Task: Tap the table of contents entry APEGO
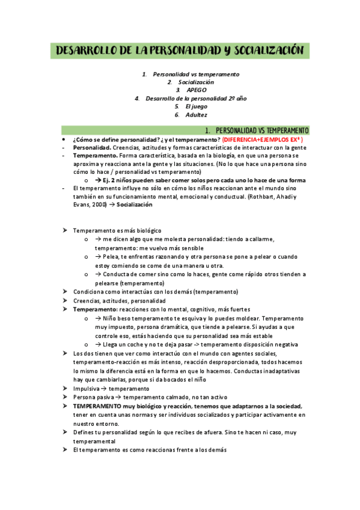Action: click(197, 90)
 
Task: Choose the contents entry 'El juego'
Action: click(196, 106)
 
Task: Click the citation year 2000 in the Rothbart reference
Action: click(100, 204)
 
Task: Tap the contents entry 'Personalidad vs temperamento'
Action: click(196, 75)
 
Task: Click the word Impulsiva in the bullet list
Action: click(87, 389)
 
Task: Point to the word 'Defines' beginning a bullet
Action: click(83, 433)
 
